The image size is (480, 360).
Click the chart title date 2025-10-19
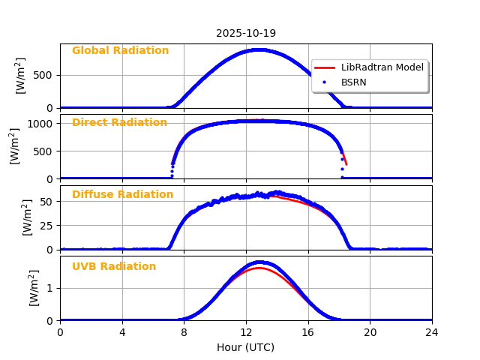[246, 33]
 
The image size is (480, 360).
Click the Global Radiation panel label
[120, 51]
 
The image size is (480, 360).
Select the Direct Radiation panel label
[119, 123]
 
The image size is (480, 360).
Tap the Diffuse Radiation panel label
[122, 195]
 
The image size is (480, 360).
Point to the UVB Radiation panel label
[114, 267]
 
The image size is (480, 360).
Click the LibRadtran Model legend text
[382, 67]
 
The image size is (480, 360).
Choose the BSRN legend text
[353, 82]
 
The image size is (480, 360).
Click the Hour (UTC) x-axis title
[246, 347]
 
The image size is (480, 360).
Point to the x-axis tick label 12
[246, 332]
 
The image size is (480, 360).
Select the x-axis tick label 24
[432, 332]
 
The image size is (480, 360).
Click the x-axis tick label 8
[184, 332]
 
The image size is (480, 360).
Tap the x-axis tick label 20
[370, 332]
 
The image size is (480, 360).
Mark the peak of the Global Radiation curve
[257, 50]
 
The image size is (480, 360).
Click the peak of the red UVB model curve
[258, 268]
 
